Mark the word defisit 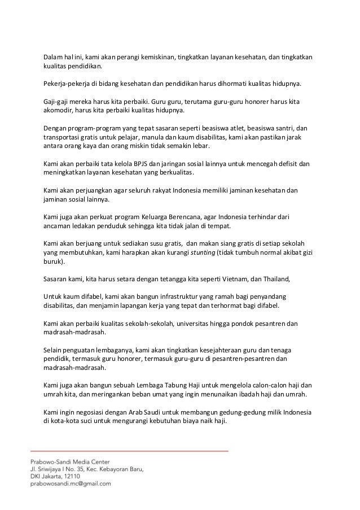[286, 164]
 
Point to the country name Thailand [273, 280]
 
